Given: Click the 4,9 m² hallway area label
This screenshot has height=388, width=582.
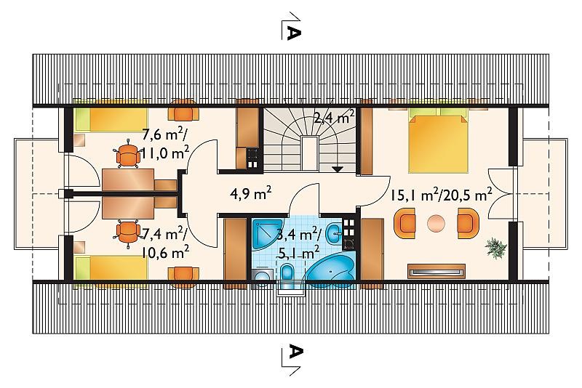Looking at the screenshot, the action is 250,193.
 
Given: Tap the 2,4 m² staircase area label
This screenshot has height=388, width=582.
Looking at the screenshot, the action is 334,116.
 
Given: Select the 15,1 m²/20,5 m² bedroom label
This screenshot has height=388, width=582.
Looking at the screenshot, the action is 441,195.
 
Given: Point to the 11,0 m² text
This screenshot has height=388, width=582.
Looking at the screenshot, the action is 165,152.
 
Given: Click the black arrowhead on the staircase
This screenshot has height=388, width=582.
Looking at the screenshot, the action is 337,169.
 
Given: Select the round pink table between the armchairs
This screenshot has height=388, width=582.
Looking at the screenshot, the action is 436,224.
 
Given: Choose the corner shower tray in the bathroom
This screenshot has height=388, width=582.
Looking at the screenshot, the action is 266,234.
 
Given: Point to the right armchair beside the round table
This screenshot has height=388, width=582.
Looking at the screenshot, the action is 468,223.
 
